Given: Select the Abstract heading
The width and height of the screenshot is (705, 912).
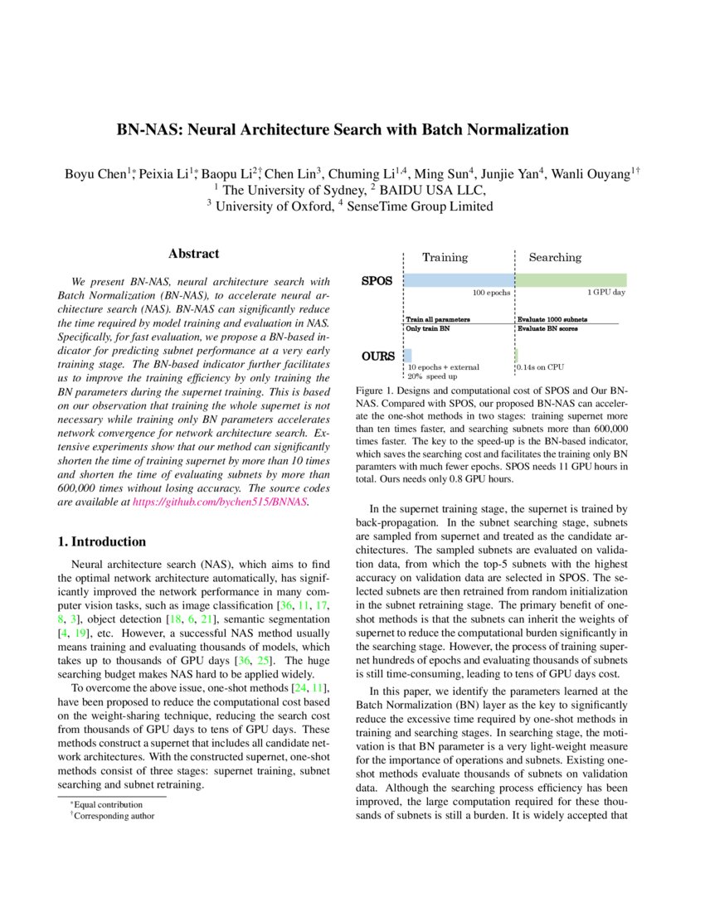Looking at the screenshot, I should pos(193,254).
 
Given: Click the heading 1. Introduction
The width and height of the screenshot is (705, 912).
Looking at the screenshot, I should pos(102,541).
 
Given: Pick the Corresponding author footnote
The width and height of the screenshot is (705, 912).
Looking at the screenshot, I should pos(114,815).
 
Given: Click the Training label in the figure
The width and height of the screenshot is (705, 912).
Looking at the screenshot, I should pos(445,257).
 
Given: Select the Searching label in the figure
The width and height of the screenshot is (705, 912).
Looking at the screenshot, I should pos(555,257).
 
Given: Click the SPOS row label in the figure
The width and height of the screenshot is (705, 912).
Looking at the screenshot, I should pos(377,281).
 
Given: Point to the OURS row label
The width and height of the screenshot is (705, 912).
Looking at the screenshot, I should pos(377,357).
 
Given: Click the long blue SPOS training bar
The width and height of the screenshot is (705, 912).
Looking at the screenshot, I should pos(459,280).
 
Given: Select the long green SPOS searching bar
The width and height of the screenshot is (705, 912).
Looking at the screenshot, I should pos(571,280).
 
